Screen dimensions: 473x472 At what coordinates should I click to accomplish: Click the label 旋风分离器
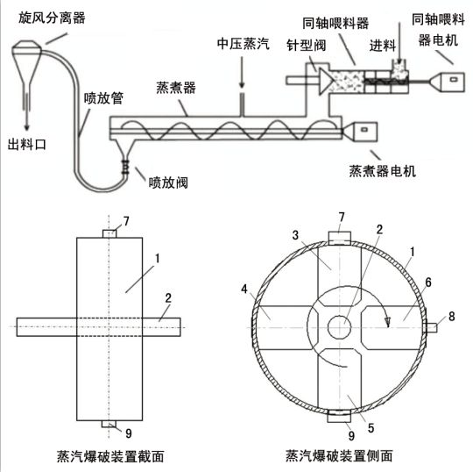point(52,18)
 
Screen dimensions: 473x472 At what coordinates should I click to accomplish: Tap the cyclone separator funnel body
point(26,63)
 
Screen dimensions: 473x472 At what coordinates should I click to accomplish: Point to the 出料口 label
point(27,144)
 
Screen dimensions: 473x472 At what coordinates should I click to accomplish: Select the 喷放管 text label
point(103,98)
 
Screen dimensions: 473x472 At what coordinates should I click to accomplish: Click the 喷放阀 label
point(168,182)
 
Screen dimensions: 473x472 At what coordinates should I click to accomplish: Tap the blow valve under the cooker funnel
point(125,167)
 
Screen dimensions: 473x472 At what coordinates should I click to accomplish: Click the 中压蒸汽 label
point(244,44)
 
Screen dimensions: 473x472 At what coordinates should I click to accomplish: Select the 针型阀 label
point(307,46)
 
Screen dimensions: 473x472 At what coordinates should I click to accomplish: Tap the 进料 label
point(383,46)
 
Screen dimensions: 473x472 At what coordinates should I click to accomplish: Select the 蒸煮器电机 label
point(383,171)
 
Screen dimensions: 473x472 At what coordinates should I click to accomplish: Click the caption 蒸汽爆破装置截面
point(110,456)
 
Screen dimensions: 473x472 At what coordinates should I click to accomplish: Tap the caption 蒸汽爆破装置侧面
point(339,455)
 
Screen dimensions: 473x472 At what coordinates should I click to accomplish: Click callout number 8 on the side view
point(451,317)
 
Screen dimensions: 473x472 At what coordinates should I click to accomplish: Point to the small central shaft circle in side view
point(339,327)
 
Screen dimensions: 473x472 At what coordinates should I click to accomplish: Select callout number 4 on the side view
point(244,290)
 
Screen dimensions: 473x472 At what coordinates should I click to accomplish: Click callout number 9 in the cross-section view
point(129,433)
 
